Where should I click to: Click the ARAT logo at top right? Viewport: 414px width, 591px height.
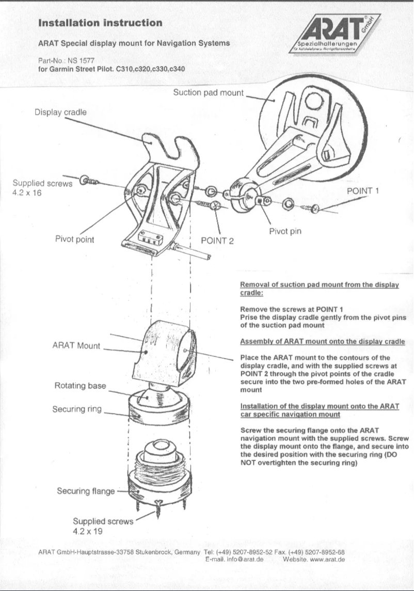334,35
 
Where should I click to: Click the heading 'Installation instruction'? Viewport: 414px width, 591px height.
100,23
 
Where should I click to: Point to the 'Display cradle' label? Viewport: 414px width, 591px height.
60,112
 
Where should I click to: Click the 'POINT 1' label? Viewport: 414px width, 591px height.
363,191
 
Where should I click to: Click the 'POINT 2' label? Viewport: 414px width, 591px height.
217,240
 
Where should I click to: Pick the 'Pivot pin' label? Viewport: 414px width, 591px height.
285,231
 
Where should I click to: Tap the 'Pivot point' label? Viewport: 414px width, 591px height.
74,239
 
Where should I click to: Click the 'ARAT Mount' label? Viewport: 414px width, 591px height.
76,345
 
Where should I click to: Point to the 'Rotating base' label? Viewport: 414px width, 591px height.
80,386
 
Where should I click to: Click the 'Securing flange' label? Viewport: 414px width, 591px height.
86,491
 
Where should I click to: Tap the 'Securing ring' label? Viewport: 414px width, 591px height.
77,409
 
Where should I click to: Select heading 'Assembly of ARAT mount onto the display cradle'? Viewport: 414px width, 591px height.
322,342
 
